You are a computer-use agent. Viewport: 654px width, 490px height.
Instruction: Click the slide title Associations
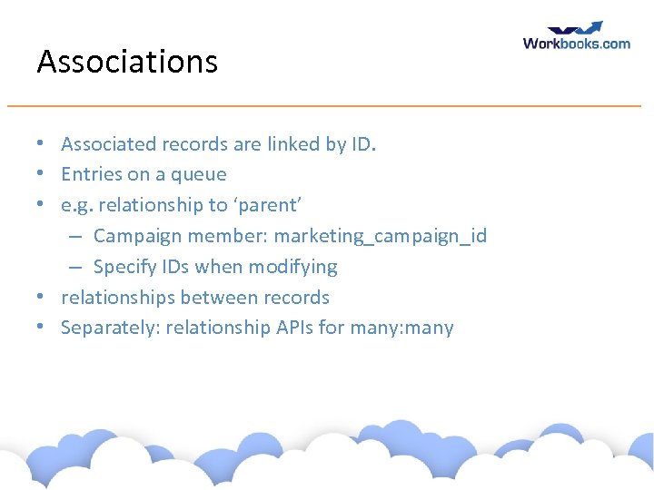[127, 62]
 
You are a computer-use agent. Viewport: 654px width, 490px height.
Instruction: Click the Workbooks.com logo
[576, 42]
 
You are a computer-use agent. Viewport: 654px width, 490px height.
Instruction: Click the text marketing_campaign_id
[381, 236]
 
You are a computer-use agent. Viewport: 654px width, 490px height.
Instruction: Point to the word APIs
[293, 328]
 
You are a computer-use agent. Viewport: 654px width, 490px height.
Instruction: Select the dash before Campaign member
[77, 237]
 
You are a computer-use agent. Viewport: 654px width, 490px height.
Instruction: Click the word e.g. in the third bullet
[77, 206]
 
